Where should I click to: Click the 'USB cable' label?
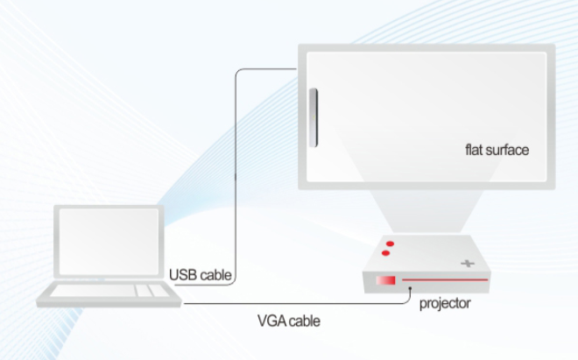pos(201,275)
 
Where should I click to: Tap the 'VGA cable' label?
pos(289,321)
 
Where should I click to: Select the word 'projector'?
pos(445,304)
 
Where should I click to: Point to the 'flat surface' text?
pos(497,150)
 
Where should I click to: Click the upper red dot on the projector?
pos(390,244)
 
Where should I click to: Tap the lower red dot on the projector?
pos(385,253)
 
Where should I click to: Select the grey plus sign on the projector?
pos(468,264)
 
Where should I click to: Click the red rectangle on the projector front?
pos(385,280)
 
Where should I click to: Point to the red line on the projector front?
pos(445,280)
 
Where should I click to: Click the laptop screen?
pos(109,242)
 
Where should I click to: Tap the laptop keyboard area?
pos(109,291)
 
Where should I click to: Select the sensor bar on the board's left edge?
pos(314,117)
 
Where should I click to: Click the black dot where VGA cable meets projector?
pos(410,289)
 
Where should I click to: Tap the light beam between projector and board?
pos(426,211)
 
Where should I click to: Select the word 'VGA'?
pos(271,321)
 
